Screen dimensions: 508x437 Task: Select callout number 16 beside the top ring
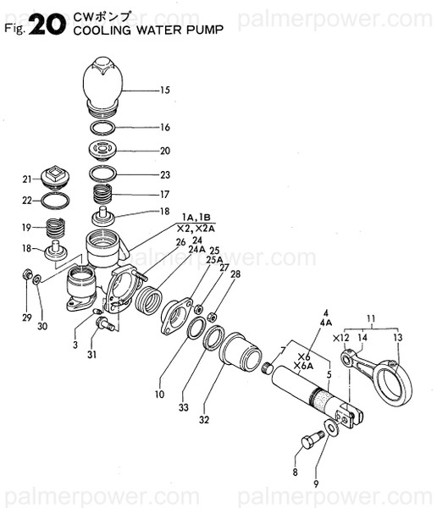(x=164, y=127)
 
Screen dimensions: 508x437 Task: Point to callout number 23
(x=164, y=175)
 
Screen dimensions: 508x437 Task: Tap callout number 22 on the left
(x=26, y=201)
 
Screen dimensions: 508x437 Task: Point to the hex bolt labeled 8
(x=310, y=441)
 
